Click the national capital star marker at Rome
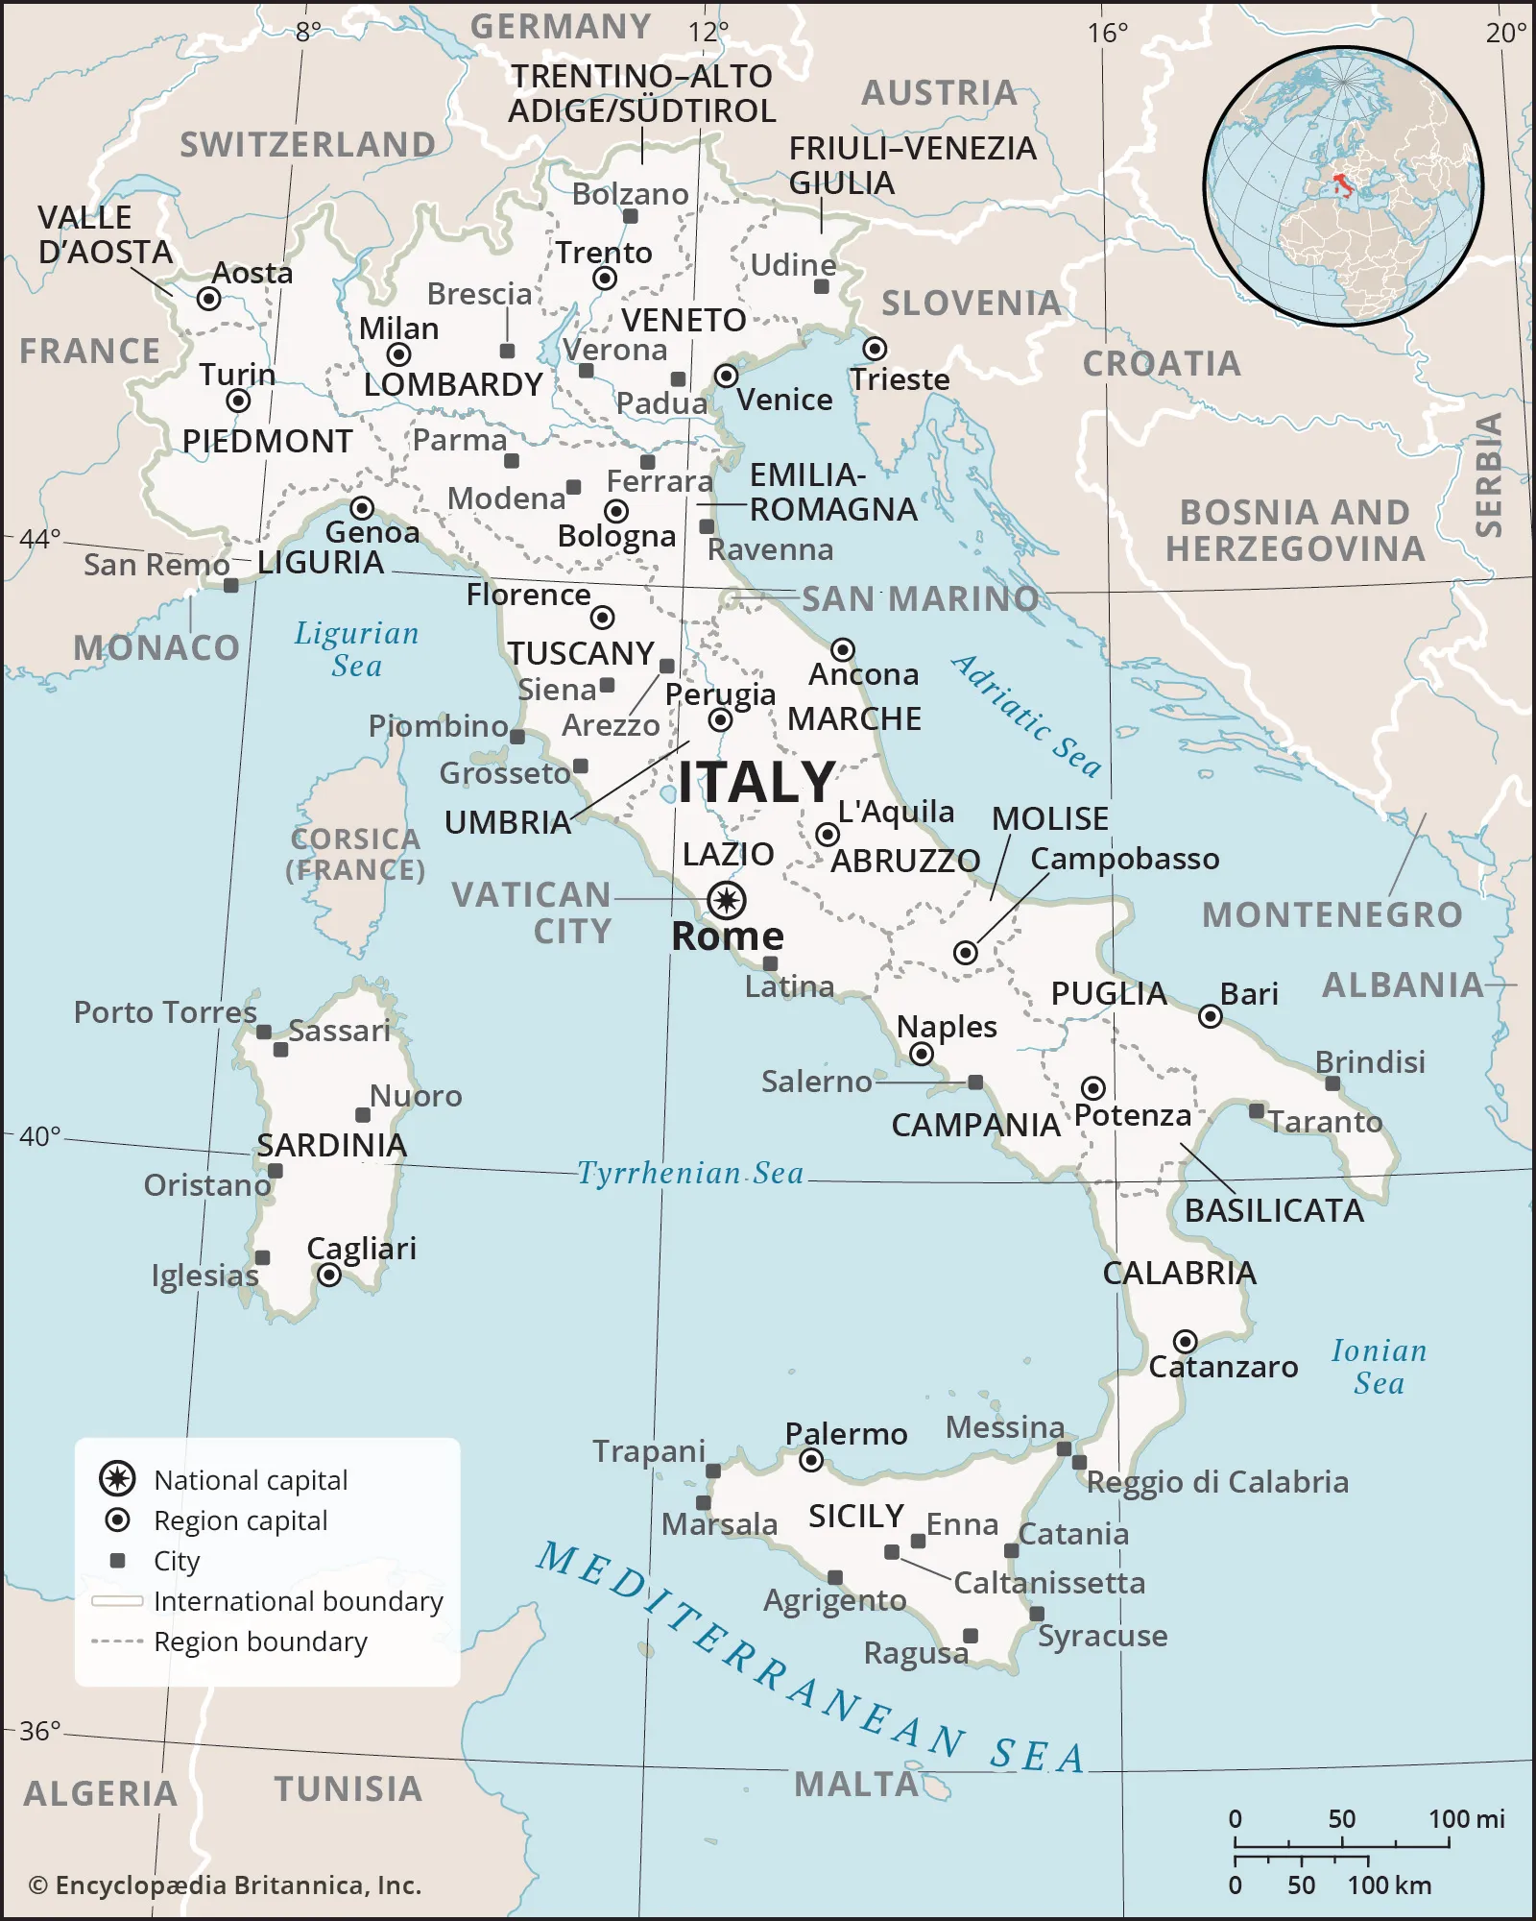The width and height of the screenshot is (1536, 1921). [727, 900]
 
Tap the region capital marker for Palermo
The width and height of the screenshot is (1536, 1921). [811, 1461]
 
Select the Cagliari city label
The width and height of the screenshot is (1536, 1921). [361, 1248]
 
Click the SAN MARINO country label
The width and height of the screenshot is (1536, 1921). [920, 598]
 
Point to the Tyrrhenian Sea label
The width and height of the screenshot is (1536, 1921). [689, 1173]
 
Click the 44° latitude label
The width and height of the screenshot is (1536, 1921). [40, 538]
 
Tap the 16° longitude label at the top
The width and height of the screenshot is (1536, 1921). [1107, 34]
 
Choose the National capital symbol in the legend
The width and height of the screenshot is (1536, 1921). [117, 1478]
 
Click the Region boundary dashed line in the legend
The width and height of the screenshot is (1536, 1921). [117, 1641]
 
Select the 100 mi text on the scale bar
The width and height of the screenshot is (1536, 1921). [1466, 1818]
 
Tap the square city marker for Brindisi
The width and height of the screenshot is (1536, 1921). [1332, 1083]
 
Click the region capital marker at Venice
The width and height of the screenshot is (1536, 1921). [727, 375]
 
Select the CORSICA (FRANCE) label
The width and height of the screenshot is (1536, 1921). [355, 854]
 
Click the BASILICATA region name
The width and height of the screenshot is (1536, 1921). [1274, 1210]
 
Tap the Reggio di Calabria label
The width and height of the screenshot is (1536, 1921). [1217, 1482]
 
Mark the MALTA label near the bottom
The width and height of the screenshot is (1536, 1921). [856, 1785]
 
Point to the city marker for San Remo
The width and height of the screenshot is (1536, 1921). [230, 585]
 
